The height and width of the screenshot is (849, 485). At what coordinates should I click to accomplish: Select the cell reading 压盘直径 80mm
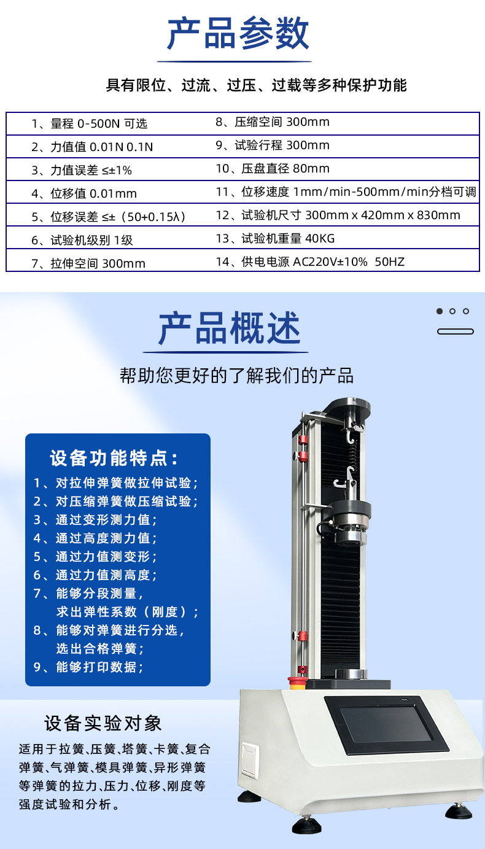[273, 169]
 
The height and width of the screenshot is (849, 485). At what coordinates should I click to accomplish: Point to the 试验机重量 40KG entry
[276, 238]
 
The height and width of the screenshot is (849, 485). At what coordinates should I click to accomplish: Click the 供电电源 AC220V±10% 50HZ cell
[310, 262]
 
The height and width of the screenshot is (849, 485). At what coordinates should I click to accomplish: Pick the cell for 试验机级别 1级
[82, 240]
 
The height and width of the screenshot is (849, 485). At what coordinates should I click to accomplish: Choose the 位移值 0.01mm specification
[84, 193]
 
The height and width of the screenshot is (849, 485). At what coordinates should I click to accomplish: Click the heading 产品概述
[229, 328]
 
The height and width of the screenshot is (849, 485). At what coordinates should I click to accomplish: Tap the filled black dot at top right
[440, 311]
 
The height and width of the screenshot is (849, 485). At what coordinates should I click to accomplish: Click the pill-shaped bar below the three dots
[456, 331]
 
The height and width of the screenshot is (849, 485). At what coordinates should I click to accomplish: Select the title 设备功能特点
[114, 458]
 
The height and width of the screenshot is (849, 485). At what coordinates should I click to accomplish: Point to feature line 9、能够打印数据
[88, 667]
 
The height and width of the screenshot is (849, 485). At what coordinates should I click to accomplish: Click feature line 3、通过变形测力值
[95, 519]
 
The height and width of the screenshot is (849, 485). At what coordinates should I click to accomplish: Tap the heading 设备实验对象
[103, 723]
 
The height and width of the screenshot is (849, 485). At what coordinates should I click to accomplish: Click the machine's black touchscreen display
[386, 724]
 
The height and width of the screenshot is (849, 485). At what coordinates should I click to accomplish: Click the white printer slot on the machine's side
[250, 761]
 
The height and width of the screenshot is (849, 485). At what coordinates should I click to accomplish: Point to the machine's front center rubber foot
[306, 826]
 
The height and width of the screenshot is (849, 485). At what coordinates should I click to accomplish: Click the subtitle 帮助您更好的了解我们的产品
[237, 376]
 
